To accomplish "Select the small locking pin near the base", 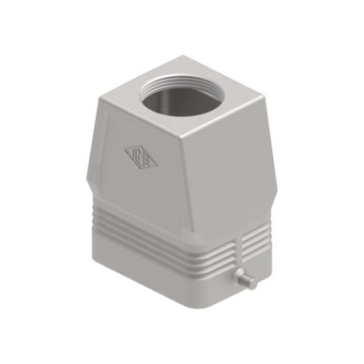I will tap(246, 280).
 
